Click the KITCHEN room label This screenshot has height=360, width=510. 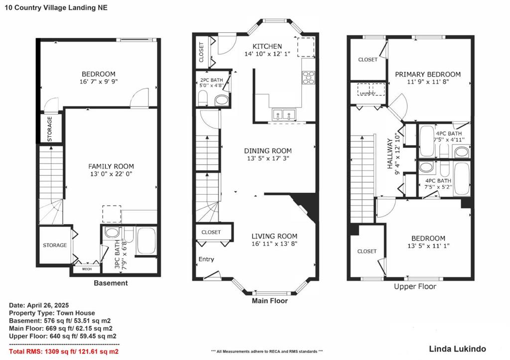coord(267,46)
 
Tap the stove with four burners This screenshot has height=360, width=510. coord(308,77)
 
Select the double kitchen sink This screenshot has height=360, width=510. coord(284,115)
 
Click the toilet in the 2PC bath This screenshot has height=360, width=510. coord(203,98)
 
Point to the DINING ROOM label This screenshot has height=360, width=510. coord(267,151)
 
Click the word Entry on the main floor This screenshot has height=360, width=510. coord(206,259)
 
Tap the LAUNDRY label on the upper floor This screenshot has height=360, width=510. coord(368,93)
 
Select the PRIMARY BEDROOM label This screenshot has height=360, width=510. coord(428,75)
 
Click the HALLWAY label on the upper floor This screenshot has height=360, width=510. coord(389,153)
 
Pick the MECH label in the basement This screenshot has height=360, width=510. coord(87,269)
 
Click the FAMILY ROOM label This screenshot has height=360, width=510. coord(111,166)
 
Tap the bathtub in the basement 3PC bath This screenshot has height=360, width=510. coord(146,241)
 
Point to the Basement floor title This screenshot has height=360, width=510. coord(111,283)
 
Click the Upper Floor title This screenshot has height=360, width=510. coord(415,286)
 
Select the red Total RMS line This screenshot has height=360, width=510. coord(64,352)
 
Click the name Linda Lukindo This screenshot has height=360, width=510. coord(457,349)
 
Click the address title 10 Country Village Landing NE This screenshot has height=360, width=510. coord(56,8)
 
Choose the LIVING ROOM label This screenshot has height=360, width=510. coord(274,237)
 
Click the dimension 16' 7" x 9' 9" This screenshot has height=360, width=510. coord(98,82)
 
